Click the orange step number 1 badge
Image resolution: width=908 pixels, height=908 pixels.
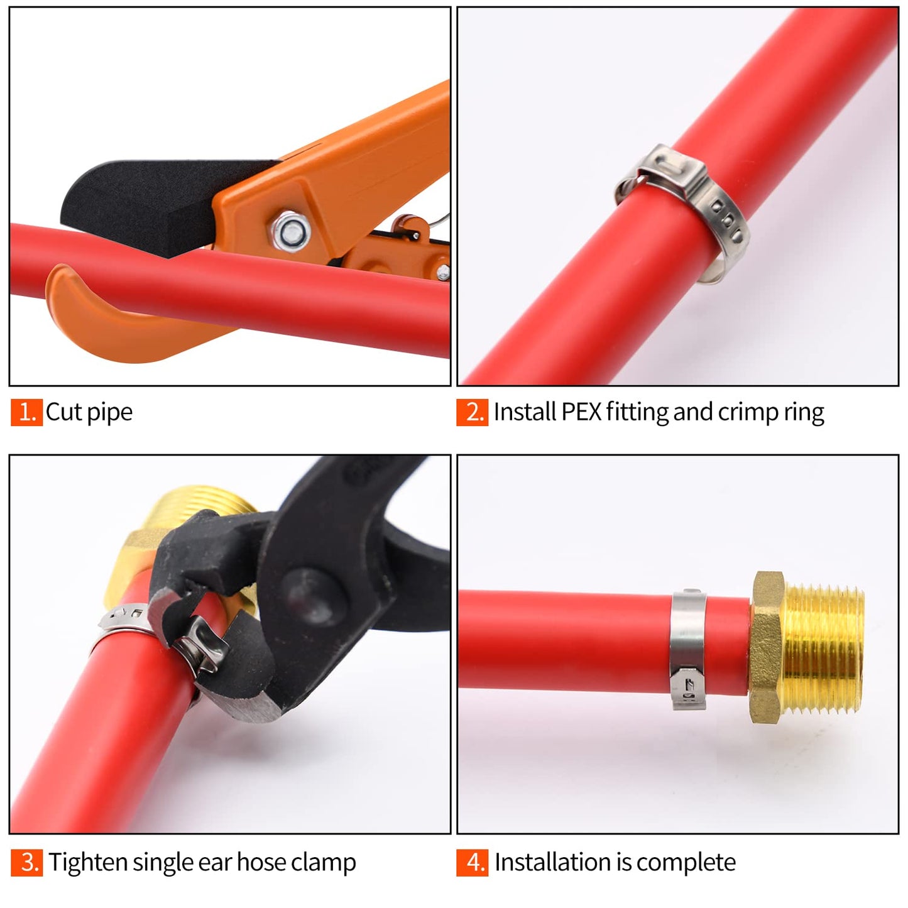tap(26, 412)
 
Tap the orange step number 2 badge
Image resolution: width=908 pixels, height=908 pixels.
tap(473, 412)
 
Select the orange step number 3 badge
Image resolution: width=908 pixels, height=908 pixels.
tap(26, 862)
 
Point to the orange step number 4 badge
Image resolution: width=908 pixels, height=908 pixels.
tap(473, 862)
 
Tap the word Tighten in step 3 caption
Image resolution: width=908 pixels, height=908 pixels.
tap(85, 863)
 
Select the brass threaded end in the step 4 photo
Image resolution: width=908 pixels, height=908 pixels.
tap(823, 647)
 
